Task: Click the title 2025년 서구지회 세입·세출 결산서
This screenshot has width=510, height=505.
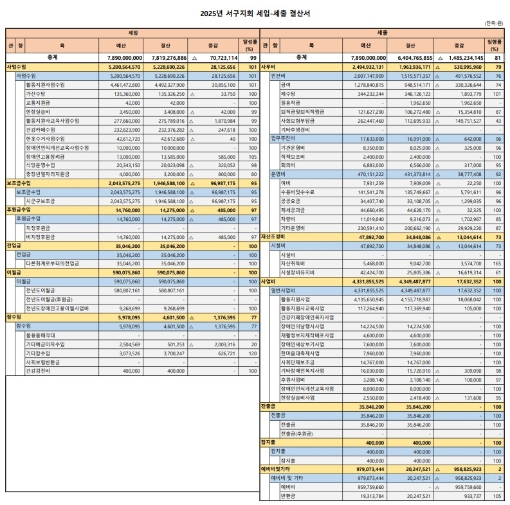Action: point(255,12)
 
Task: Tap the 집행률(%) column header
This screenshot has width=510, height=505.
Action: point(494,46)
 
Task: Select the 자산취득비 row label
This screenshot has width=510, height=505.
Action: point(294,263)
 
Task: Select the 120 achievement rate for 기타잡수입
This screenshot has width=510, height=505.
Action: point(253,353)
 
